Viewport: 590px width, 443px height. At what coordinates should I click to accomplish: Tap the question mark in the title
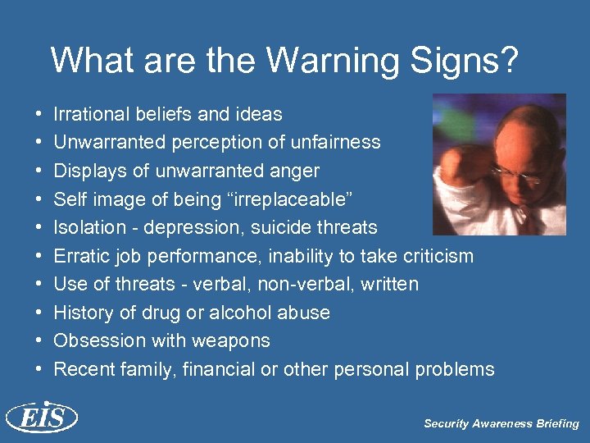(507, 62)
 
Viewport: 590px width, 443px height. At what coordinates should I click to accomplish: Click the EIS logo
(41, 418)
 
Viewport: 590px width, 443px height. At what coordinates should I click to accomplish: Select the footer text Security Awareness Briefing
(501, 424)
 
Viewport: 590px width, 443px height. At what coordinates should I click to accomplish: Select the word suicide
(281, 227)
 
